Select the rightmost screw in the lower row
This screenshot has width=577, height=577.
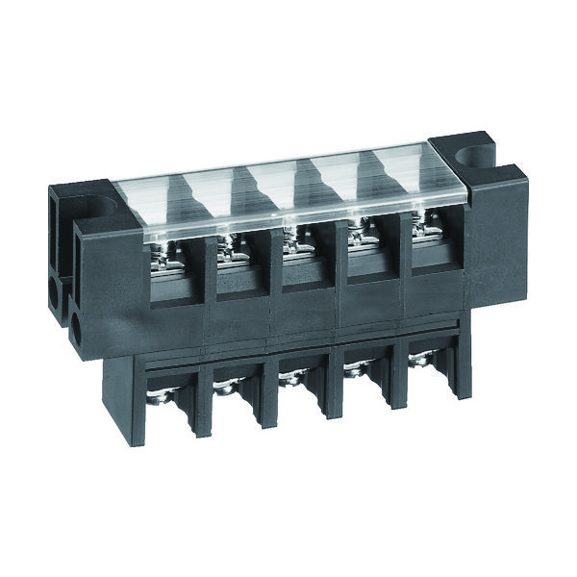(x=419, y=360)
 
